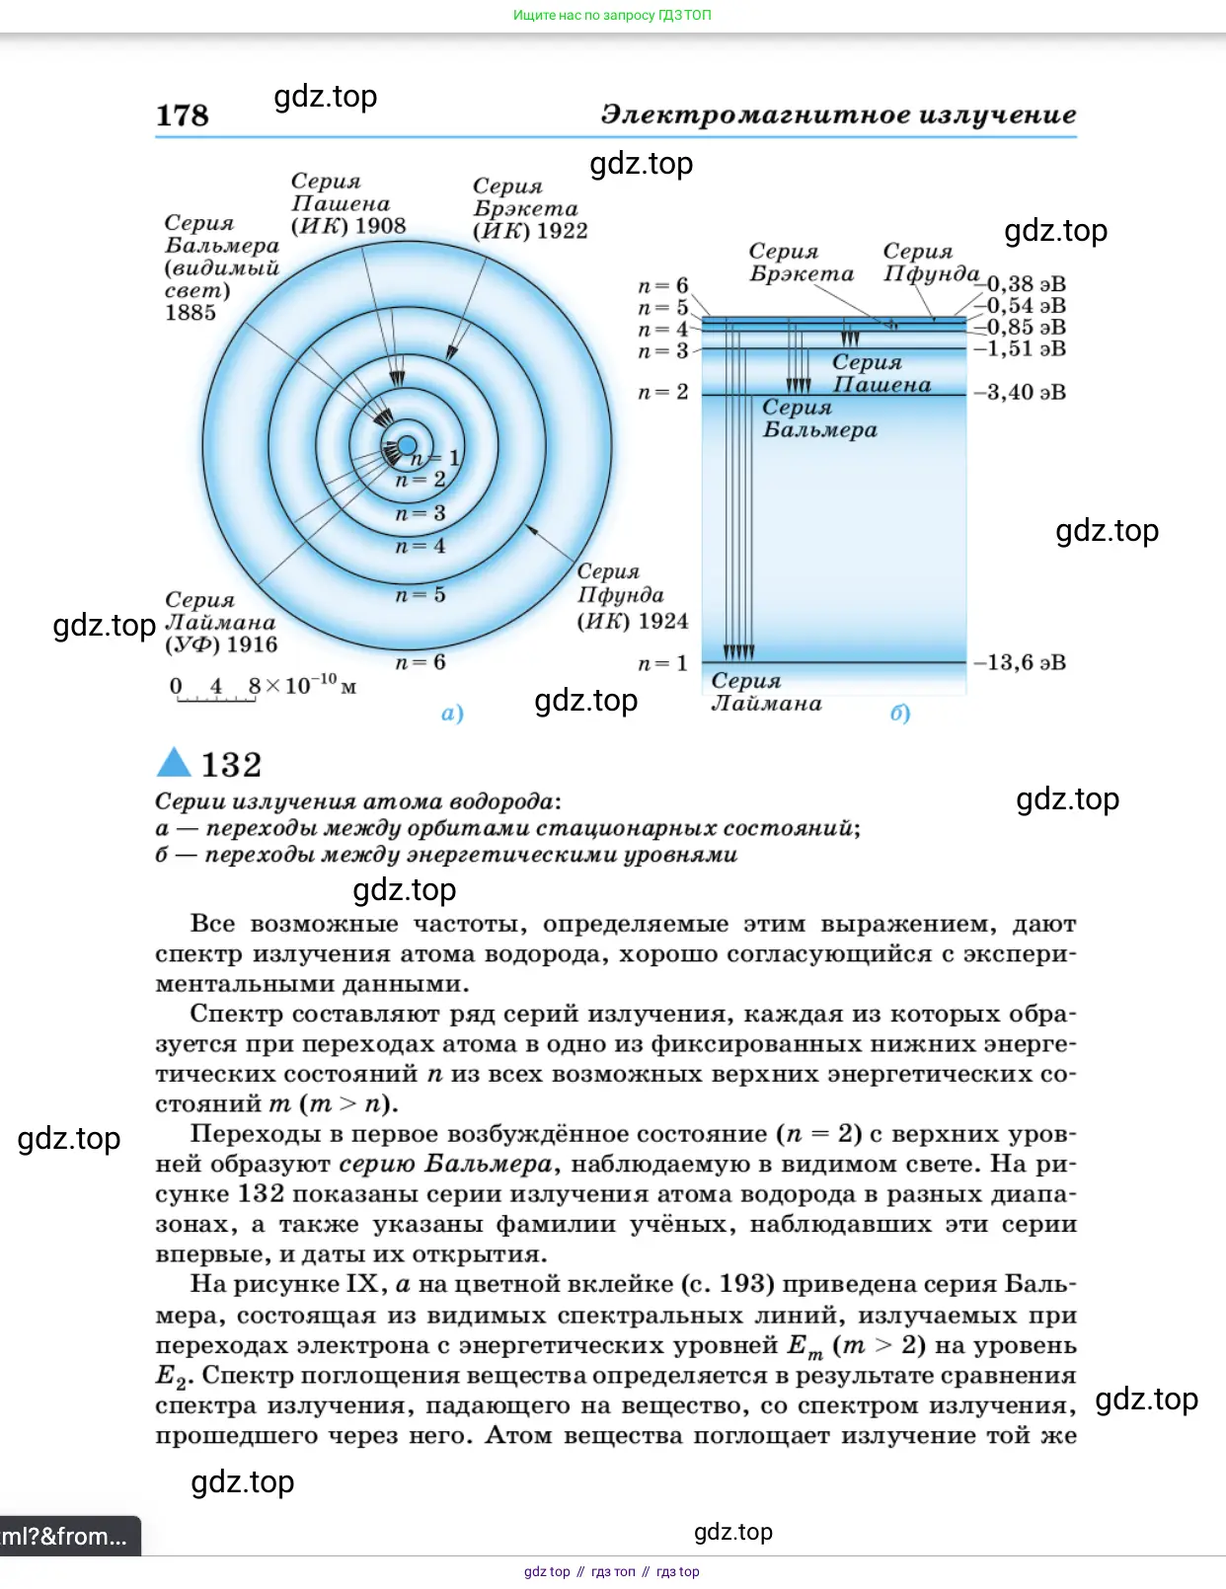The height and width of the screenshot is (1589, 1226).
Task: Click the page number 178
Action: (183, 115)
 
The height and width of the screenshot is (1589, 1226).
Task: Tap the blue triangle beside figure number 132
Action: (174, 763)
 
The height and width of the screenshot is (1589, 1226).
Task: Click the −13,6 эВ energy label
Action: (1021, 662)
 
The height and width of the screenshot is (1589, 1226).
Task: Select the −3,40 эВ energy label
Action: (1021, 392)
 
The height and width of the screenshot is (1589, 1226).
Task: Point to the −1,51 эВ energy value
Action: (1021, 348)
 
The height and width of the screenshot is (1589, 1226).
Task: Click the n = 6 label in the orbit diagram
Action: (421, 662)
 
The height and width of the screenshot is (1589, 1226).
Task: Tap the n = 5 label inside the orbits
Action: (421, 595)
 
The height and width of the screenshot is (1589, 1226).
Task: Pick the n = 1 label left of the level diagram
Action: (662, 663)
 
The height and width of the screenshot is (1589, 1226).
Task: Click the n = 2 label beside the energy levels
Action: (662, 392)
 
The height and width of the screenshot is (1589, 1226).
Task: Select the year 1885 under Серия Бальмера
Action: (190, 313)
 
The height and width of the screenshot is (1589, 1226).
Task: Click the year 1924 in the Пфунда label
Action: (662, 621)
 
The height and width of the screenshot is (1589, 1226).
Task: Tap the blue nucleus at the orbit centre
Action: (406, 446)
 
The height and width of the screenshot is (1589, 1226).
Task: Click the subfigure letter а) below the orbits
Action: (452, 713)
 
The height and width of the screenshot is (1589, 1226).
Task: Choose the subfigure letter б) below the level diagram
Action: (899, 713)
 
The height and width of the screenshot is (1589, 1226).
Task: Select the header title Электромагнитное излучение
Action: (838, 114)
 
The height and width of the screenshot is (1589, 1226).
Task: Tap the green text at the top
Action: (612, 15)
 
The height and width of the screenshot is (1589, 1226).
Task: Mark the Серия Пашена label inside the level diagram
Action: (881, 374)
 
